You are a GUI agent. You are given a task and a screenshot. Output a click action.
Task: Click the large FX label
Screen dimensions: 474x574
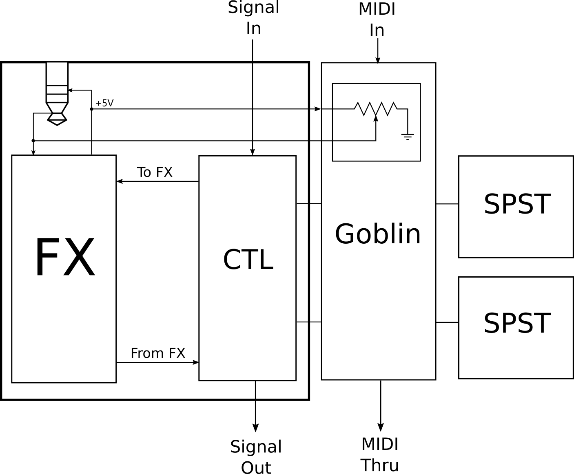pos(64,258)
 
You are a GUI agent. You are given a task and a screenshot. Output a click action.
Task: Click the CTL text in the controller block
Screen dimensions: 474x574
pos(248,260)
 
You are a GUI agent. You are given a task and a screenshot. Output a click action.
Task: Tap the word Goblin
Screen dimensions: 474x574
pos(377,234)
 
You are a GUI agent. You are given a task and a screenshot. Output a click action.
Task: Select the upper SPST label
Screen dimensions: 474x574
pos(517,204)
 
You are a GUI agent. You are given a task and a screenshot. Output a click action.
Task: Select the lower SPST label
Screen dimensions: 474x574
pos(517,323)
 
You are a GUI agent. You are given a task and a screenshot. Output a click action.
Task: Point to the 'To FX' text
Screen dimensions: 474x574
pos(155,172)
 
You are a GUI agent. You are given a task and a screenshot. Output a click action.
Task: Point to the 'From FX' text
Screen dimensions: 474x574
pos(158,353)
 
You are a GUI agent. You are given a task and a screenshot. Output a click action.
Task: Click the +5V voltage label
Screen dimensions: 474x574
pos(104,103)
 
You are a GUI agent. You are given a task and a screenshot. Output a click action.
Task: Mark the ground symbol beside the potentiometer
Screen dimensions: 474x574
pos(407,136)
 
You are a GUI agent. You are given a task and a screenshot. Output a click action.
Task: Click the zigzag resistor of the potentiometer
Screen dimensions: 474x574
pos(375,108)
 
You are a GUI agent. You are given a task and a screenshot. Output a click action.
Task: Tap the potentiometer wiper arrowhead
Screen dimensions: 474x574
pos(376,118)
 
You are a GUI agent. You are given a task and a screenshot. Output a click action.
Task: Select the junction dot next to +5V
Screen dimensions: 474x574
pos(91,109)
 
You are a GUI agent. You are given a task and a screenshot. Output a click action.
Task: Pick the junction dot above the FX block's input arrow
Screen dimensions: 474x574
pos(33,141)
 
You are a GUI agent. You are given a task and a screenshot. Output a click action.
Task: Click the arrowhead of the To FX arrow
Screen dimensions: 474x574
pos(120,181)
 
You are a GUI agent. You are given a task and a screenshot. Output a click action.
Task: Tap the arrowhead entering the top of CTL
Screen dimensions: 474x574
pos(253,152)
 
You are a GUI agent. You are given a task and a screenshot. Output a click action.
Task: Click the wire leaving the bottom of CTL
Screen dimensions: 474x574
pos(255,390)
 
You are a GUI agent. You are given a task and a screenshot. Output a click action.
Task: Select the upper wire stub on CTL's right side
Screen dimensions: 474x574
pos(302,203)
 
